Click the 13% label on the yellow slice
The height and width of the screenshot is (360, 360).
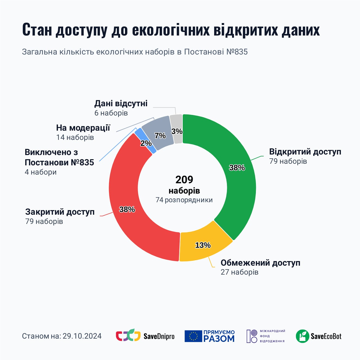(x=203, y=245)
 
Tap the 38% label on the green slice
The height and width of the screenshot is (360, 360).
(x=237, y=168)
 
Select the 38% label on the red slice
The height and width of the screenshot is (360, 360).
(x=127, y=209)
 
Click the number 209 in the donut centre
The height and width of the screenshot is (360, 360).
(x=184, y=180)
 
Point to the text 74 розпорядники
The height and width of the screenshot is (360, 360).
(x=184, y=200)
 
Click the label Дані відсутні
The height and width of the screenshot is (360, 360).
(x=121, y=103)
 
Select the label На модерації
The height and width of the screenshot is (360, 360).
(x=83, y=128)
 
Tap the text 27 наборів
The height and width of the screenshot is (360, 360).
(x=239, y=272)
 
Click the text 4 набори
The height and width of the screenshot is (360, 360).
(x=41, y=172)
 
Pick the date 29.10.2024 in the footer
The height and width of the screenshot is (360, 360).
(x=82, y=336)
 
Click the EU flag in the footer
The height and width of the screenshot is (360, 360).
(x=193, y=336)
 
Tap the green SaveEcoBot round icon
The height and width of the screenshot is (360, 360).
(x=302, y=336)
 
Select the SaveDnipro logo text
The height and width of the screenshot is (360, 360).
(x=159, y=336)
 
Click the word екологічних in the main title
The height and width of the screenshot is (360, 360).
(x=171, y=30)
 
